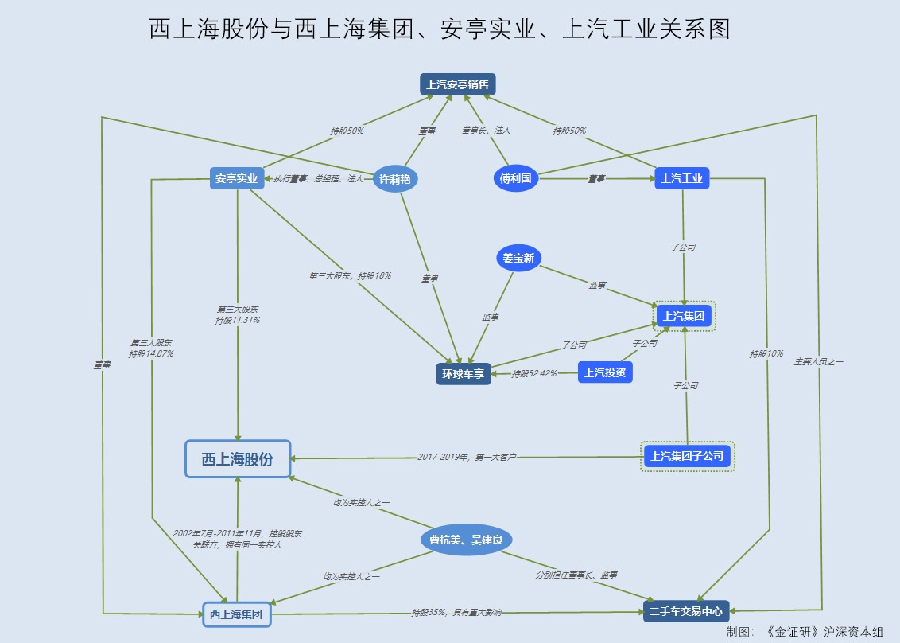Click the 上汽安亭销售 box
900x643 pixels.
pos(458,84)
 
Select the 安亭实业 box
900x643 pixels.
pos(237,178)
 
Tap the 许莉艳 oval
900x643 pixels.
pos(395,179)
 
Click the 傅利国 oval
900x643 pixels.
pos(515,178)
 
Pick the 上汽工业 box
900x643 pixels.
pos(682,178)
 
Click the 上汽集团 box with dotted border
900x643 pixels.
pos(684,316)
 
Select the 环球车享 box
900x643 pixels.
pos(464,373)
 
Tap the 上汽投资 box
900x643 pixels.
pos(604,372)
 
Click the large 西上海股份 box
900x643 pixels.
pos(238,459)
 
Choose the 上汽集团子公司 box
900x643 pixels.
pos(687,456)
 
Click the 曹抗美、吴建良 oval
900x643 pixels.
pos(466,540)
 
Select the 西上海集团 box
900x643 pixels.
pos(236,614)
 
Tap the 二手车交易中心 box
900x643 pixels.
pos(685,611)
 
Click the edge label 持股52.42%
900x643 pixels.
pos(534,373)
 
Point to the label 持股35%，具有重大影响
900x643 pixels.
pos(456,613)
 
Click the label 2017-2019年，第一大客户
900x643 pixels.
pos(467,458)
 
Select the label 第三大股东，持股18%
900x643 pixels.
pos(350,276)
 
